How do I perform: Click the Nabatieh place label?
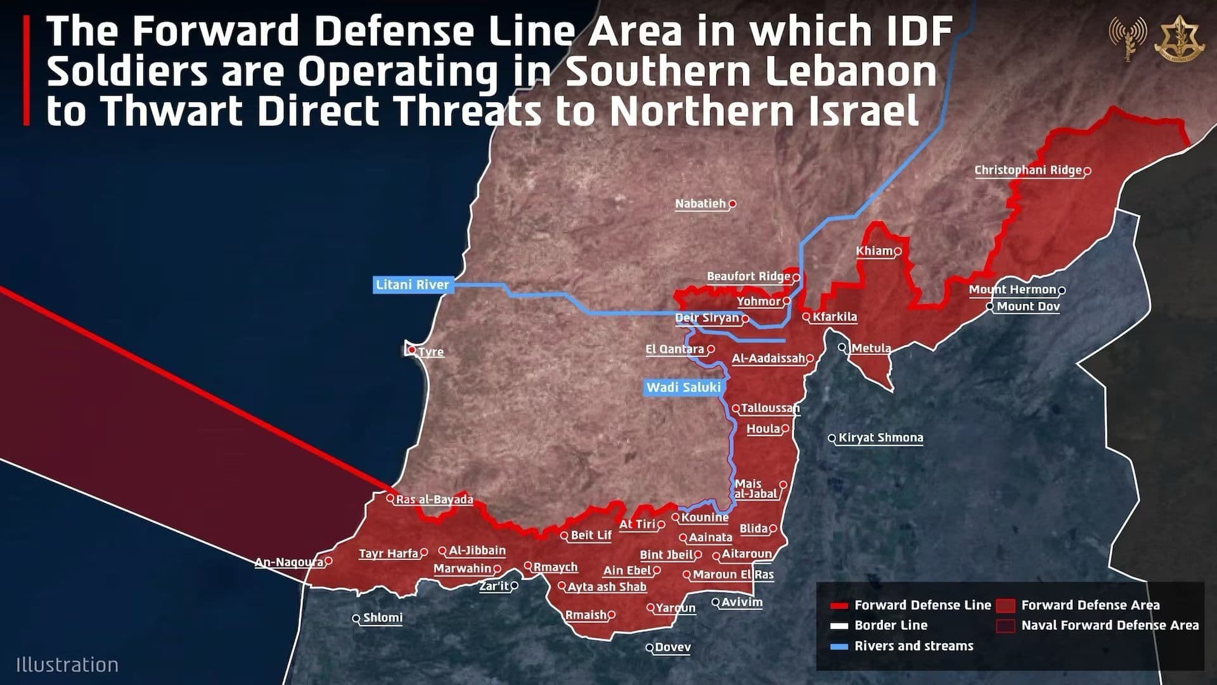click(700, 204)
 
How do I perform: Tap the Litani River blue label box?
click(412, 285)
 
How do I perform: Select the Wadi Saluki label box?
click(683, 387)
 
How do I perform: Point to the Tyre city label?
click(431, 351)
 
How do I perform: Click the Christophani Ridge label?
click(1027, 170)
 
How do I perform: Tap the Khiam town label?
click(874, 251)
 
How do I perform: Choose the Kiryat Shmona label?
click(880, 438)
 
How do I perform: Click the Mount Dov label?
click(1027, 306)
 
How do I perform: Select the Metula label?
click(871, 348)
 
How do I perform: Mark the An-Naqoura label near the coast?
click(288, 562)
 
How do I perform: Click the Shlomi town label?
click(382, 617)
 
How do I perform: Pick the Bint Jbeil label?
click(666, 554)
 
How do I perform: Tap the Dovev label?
click(673, 648)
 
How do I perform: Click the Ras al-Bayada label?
click(434, 500)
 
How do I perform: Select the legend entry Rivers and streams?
click(913, 646)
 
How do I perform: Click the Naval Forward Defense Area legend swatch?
click(1005, 625)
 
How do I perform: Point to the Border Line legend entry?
click(891, 625)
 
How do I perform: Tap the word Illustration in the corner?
click(67, 665)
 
